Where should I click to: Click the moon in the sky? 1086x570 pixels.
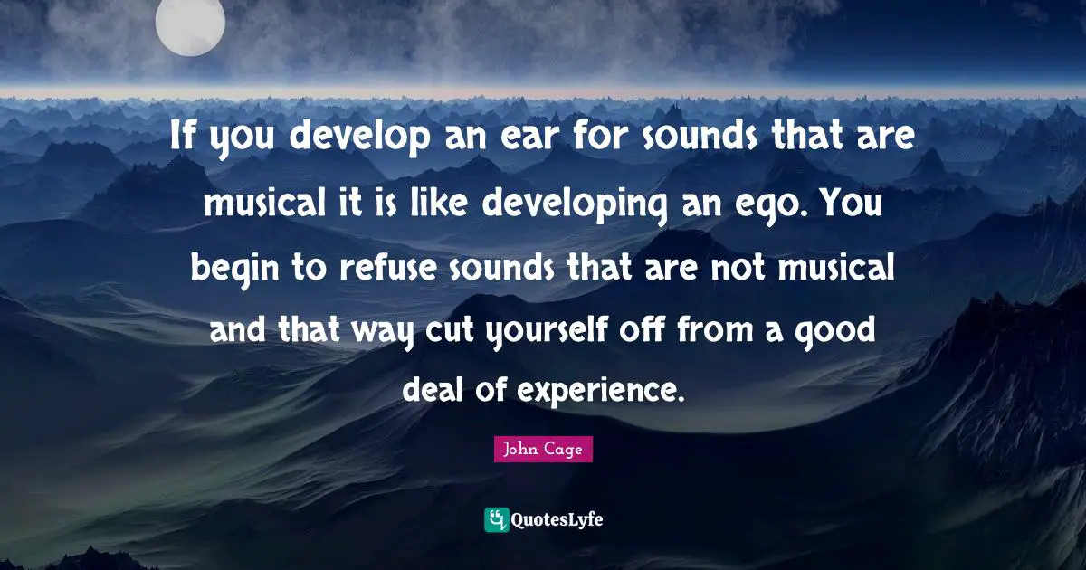(x=190, y=22)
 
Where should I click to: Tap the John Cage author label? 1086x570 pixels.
(x=543, y=449)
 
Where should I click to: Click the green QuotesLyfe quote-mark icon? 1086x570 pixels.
(x=496, y=519)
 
